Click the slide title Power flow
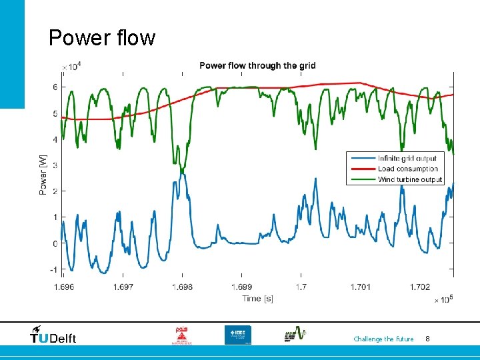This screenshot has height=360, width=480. pos(101,38)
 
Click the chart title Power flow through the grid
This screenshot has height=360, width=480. pos(257,65)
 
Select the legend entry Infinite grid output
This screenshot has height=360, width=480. pos(407,158)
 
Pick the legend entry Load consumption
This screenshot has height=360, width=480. pos(407,169)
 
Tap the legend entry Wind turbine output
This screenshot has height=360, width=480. pos(409,179)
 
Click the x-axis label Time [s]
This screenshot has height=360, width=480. pos(257,298)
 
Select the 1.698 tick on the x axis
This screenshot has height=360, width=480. pos(182,287)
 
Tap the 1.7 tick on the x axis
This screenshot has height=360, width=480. pos(301,287)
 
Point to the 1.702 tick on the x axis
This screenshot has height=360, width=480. pos(419,287)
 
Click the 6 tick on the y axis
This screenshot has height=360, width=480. pos(55,87)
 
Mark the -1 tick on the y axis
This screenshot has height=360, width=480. pos(53,270)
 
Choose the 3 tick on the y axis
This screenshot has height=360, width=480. pos(55,165)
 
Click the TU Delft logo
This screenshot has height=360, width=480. pos(53,335)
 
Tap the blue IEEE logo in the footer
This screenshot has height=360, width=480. pos(238,335)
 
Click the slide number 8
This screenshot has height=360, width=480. pos(427,339)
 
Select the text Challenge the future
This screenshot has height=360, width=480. pos(383,339)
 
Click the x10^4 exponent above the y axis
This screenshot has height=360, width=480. pos(71,66)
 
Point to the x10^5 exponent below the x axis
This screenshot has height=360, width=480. pos(443,299)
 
